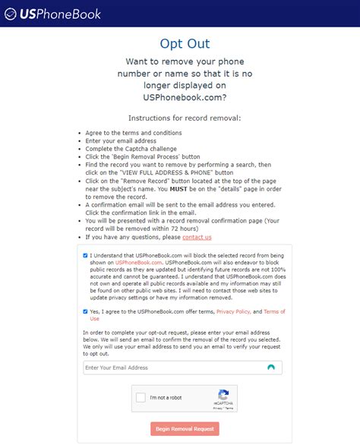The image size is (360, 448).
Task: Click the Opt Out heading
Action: [185, 43]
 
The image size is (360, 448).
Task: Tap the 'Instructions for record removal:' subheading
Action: [185, 118]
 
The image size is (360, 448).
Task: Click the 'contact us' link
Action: [197, 238]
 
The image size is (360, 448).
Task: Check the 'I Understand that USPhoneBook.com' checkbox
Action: [86, 256]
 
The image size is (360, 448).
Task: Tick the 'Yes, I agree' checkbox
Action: [86, 311]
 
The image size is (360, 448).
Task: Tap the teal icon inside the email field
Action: [271, 368]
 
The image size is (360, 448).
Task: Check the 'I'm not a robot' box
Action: [141, 398]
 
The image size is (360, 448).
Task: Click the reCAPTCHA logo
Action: [223, 395]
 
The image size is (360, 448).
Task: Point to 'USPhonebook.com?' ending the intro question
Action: [185, 97]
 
